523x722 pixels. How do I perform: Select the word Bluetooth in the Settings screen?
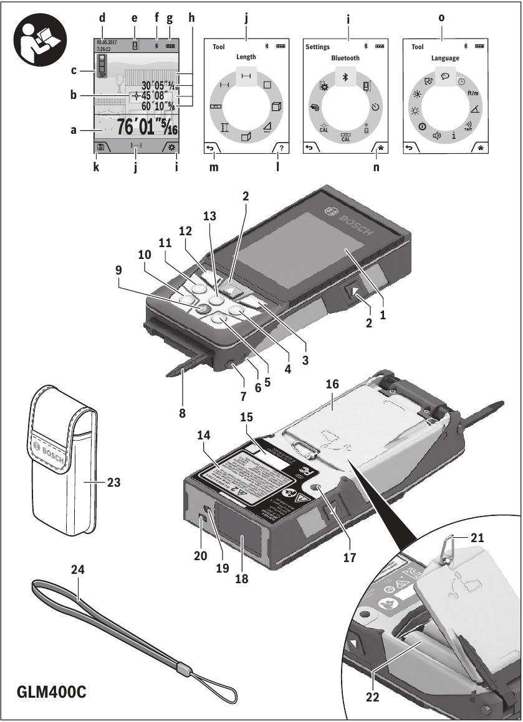tap(345, 58)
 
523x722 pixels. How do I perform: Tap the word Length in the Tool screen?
tap(246, 57)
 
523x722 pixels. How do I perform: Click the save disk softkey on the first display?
tap(100, 148)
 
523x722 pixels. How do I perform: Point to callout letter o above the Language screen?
tap(442, 18)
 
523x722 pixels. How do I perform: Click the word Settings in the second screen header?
tap(317, 47)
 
